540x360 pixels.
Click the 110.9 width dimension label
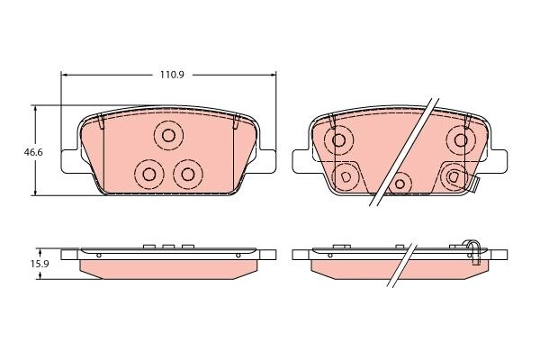[x=172, y=74]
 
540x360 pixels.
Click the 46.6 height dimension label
[x=33, y=152]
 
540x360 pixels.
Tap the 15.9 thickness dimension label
[x=40, y=264]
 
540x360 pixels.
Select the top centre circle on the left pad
[x=168, y=135]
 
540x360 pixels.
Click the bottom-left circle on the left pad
[x=149, y=175]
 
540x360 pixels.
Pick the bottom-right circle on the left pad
[x=188, y=175]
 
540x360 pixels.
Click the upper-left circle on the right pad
[x=338, y=140]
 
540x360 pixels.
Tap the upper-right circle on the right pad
[x=461, y=140]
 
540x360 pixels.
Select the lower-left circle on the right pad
[x=346, y=176]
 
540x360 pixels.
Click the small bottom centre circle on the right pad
[x=400, y=184]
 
